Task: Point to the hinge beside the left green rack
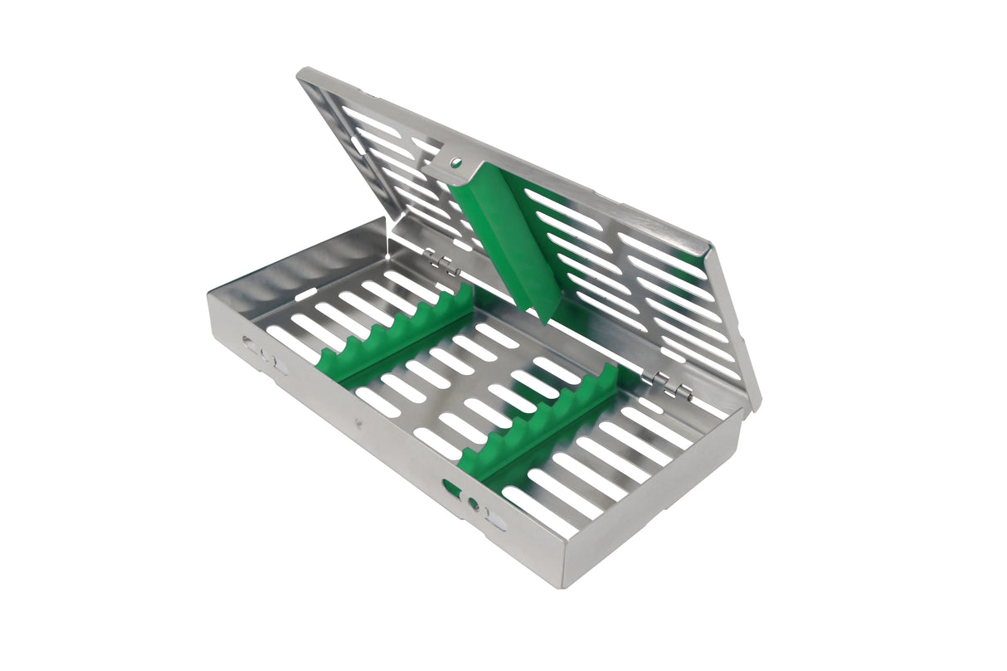tap(445, 266)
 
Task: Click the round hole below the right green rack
tap(474, 503)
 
